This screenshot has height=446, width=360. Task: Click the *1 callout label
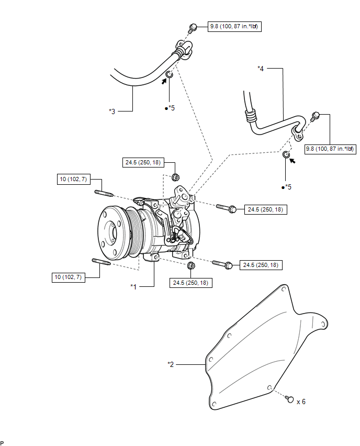(133, 286)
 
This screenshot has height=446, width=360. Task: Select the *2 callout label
(171, 364)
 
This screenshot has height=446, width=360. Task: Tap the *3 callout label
(112, 111)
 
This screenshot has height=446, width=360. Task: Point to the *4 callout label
(261, 68)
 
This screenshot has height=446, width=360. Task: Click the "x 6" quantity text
(301, 402)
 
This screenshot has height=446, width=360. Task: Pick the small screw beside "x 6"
(289, 399)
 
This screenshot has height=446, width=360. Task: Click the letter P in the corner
(3, 442)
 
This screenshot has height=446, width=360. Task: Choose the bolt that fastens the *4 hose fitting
(316, 116)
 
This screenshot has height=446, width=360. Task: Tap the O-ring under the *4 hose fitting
(286, 155)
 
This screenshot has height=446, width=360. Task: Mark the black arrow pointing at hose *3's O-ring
(164, 81)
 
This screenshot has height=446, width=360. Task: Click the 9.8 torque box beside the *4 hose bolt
(330, 148)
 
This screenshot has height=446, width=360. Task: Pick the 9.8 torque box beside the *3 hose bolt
(233, 26)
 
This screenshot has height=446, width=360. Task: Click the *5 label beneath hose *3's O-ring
(170, 108)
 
